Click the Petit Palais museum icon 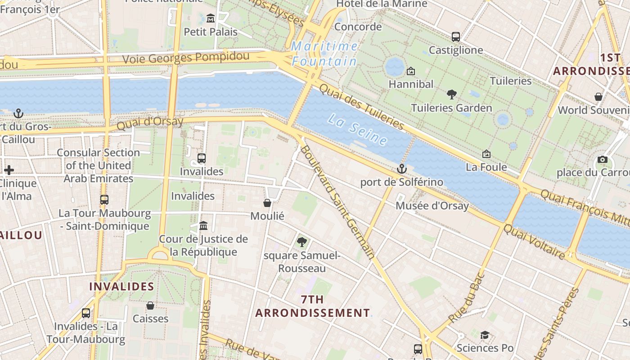[x=210, y=18]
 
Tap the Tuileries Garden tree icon [x=451, y=94]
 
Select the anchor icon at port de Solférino [x=401, y=169]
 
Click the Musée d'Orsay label [x=432, y=206]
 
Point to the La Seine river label [x=358, y=130]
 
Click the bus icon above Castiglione [x=455, y=37]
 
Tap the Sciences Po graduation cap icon [x=485, y=335]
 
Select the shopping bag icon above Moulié [x=267, y=203]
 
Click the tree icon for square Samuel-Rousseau [x=301, y=242]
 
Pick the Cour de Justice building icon [x=203, y=225]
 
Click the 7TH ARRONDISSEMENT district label [x=313, y=306]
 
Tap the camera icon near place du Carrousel [x=603, y=160]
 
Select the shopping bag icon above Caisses [x=150, y=306]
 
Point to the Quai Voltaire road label [x=534, y=242]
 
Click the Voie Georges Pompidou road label [x=186, y=58]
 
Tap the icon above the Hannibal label [x=410, y=71]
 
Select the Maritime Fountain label [x=324, y=54]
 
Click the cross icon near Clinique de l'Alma [x=9, y=170]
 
